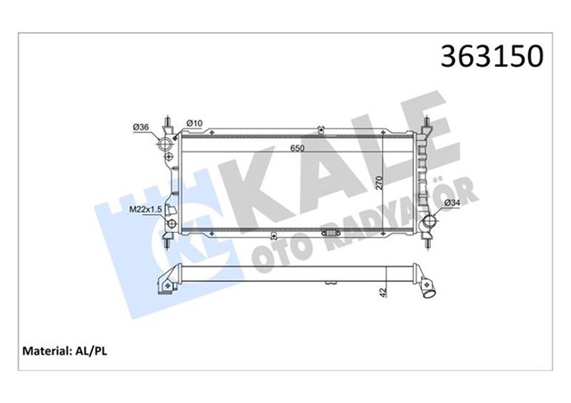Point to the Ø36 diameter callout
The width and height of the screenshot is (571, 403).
140,126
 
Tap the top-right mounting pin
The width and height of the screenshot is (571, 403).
429,122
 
